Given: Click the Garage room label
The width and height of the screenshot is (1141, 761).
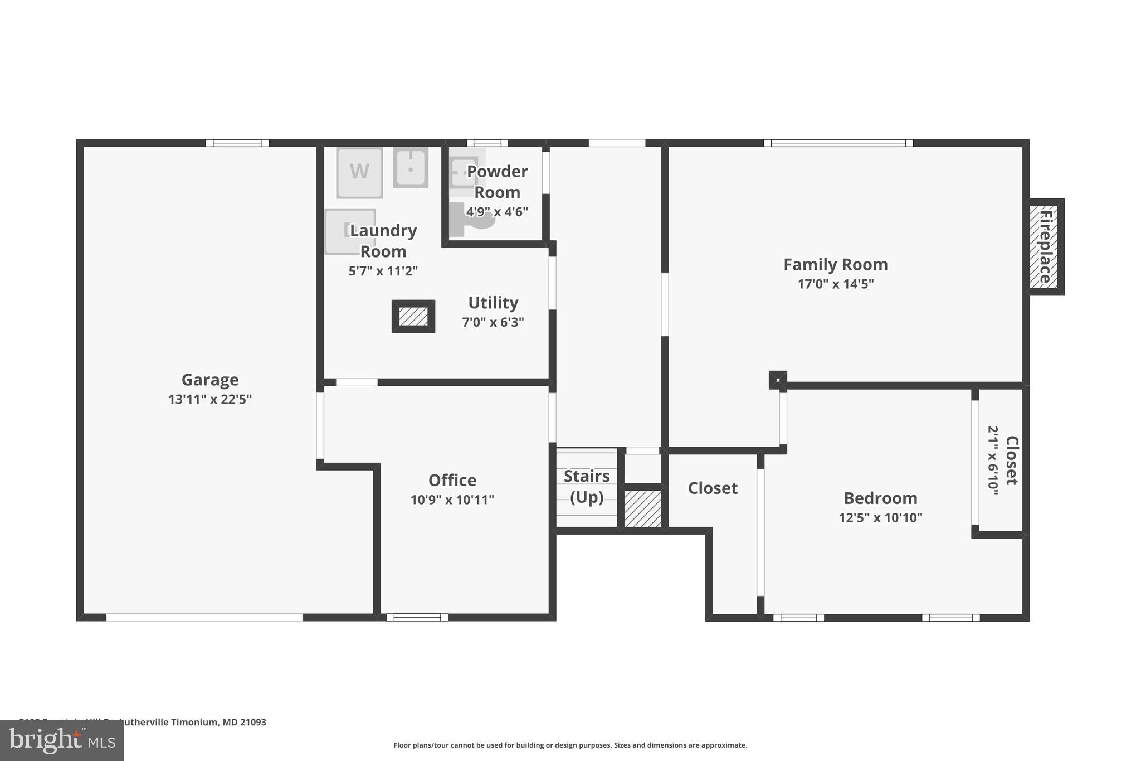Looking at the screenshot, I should pos(210,380).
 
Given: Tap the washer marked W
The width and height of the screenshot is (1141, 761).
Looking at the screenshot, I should pos(359,172).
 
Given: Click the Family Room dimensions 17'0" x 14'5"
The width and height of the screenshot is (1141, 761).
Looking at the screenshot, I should pos(835,284).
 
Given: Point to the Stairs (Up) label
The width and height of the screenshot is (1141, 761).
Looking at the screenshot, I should pos(587,486).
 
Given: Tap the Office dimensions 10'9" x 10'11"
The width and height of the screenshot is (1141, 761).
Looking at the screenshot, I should pos(452,500).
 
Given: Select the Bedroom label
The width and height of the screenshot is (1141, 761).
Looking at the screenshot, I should pos(880,498).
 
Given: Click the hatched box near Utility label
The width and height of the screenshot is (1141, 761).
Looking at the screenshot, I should pos(413,317).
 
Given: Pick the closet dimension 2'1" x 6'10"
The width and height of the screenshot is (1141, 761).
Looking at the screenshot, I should pos(993,461).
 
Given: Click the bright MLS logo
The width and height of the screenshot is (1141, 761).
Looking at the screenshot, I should pos(62,740).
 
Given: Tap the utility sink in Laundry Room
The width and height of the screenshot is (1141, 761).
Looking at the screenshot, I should pos(411,167).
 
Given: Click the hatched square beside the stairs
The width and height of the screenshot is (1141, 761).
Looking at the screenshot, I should pos(642,508).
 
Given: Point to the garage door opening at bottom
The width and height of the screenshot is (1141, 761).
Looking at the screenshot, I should pos(204,617).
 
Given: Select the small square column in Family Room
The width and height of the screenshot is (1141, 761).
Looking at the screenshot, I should pos(778,380).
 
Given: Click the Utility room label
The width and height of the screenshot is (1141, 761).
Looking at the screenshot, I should pos(493,303).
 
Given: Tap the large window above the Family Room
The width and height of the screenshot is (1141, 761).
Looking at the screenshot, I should pos(838,143).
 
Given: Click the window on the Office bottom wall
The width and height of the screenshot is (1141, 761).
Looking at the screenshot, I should pos(417,617).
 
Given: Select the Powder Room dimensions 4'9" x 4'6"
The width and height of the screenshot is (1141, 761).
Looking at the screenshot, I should pos(497,212).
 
